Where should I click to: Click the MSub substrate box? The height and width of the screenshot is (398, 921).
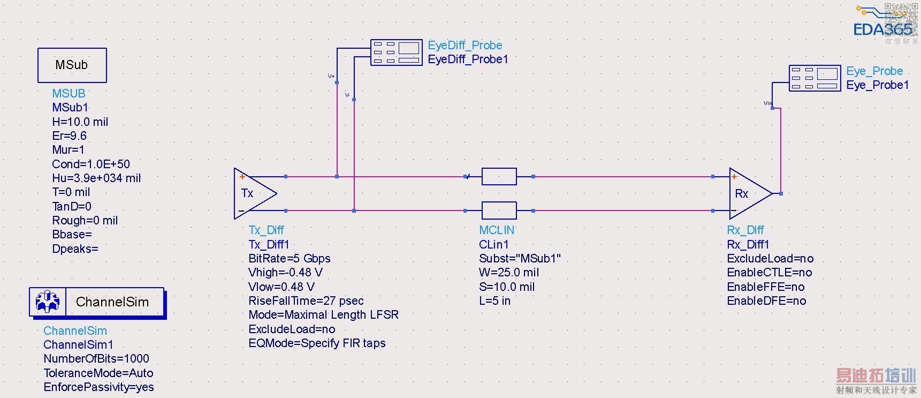point(72,65)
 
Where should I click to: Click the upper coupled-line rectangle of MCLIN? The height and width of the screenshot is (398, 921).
point(499,176)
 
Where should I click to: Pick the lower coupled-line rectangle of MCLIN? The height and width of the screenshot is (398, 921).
point(499,211)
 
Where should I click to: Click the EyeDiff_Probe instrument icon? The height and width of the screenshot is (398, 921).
point(397,52)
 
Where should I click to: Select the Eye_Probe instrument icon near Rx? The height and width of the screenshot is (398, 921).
point(815,78)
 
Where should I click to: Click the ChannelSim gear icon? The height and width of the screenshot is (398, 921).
point(48,302)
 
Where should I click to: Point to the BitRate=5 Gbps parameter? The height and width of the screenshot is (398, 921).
point(290,258)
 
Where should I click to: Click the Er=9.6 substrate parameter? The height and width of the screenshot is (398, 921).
point(69,136)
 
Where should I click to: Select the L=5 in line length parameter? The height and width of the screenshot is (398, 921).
point(494,301)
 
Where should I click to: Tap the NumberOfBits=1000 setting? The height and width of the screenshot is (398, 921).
point(96,358)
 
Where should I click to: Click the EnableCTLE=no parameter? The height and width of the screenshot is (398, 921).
point(769,272)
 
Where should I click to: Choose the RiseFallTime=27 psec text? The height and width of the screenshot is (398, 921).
point(306,301)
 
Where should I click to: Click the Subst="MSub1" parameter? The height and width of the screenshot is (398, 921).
point(520,258)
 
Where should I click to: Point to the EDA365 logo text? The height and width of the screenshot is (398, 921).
point(882,29)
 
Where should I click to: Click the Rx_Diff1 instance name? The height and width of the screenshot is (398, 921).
point(748,244)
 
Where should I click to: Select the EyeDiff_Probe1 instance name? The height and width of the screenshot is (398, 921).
point(468,59)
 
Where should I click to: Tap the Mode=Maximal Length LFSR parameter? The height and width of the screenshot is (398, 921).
point(323,314)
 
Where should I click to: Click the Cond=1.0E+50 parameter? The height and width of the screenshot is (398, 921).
point(91,164)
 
